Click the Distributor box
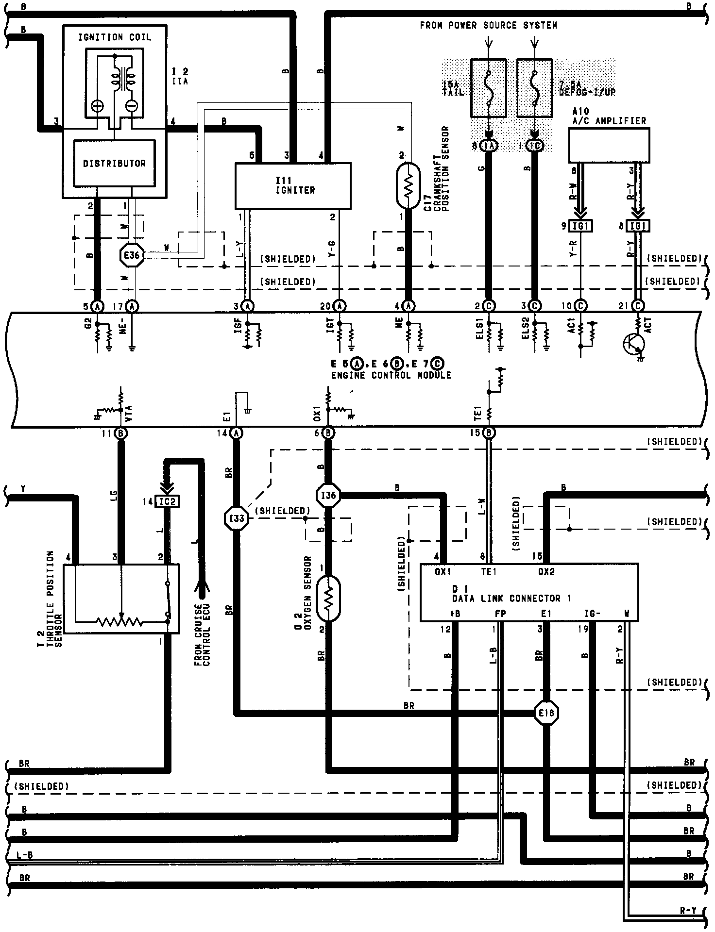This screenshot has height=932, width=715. (x=114, y=163)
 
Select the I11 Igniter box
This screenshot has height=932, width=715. (x=292, y=185)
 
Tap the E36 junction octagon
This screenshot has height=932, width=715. (x=132, y=255)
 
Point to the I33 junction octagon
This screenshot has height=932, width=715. (x=237, y=519)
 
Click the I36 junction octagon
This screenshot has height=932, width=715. (x=328, y=496)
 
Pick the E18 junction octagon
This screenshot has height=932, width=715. (x=547, y=713)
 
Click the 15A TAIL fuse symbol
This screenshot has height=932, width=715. (x=489, y=88)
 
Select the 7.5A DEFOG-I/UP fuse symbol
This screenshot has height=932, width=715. (x=534, y=88)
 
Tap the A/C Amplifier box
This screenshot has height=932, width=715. (x=609, y=145)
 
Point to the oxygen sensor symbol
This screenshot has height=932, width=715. (x=328, y=598)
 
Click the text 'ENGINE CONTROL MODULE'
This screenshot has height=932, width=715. (x=391, y=375)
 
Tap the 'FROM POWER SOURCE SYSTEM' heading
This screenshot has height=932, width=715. (x=488, y=25)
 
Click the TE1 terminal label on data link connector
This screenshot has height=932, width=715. (x=489, y=572)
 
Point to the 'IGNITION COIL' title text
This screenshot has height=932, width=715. (x=115, y=37)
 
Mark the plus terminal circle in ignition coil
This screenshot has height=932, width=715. (x=98, y=106)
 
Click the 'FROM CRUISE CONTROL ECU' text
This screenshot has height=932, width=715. (x=203, y=635)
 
